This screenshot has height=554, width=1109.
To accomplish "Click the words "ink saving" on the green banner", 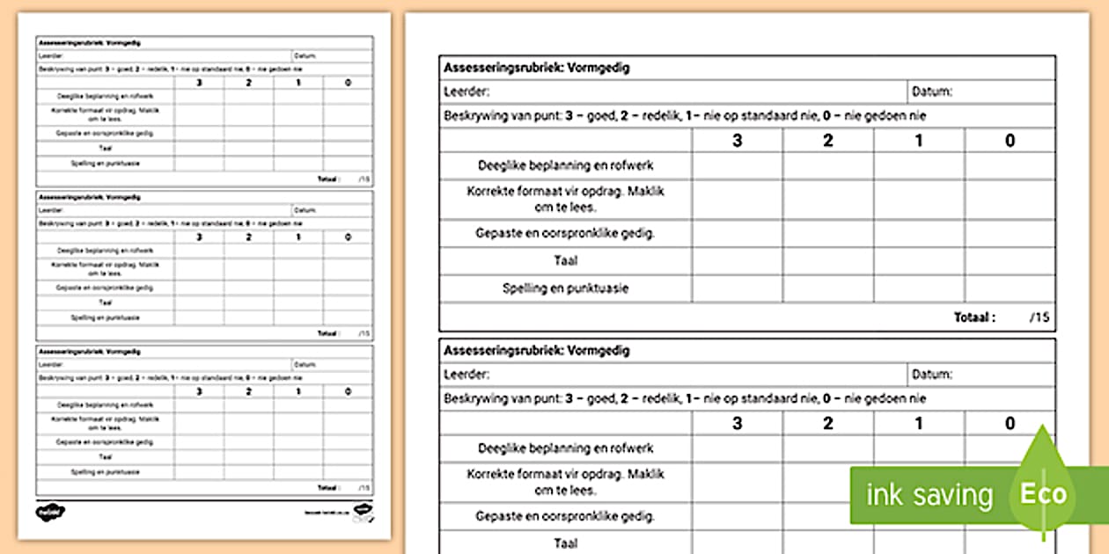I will point(929,494).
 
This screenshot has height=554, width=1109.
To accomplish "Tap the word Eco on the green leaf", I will point(1043,493).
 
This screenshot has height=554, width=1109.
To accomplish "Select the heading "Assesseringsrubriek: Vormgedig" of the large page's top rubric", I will point(537,68).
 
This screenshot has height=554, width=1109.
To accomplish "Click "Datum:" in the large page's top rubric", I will point(932,91).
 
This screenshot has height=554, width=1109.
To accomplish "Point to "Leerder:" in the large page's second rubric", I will point(466,375).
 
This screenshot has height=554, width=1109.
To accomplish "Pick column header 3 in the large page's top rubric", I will point(737,140).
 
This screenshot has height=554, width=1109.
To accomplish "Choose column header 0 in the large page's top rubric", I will point(1010,140).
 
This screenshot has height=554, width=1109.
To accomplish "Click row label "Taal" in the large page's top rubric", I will point(565,261).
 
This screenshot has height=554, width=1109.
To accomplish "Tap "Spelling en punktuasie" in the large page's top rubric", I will point(565,288).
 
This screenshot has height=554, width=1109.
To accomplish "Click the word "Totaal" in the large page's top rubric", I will point(974,317).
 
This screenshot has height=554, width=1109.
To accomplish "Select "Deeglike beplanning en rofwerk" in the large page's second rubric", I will point(565,448).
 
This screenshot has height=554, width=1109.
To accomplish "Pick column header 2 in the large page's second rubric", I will point(827,424).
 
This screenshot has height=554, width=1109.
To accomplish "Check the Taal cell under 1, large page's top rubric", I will point(919,261).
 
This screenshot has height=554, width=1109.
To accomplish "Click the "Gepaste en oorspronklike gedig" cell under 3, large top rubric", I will point(737,234).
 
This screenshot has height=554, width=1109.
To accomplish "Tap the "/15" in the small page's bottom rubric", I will point(364,487).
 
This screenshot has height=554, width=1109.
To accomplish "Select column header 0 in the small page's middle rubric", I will point(348,237).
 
